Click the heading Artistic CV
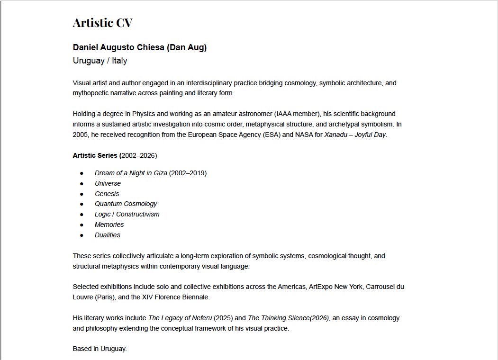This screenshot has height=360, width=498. [102, 23]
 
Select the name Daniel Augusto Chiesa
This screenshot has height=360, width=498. [118, 47]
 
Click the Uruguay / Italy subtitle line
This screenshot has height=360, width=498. [100, 61]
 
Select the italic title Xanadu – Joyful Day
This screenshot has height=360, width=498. [355, 135]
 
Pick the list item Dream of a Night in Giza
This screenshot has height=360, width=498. [131, 173]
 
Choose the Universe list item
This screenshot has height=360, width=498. [108, 183]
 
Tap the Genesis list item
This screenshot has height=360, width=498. [107, 194]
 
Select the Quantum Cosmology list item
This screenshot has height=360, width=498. [126, 204]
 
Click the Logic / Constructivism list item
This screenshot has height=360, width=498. [127, 214]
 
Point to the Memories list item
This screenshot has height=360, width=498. [109, 225]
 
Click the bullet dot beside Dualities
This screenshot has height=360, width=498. [81, 235]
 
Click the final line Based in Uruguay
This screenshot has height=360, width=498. [100, 349]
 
